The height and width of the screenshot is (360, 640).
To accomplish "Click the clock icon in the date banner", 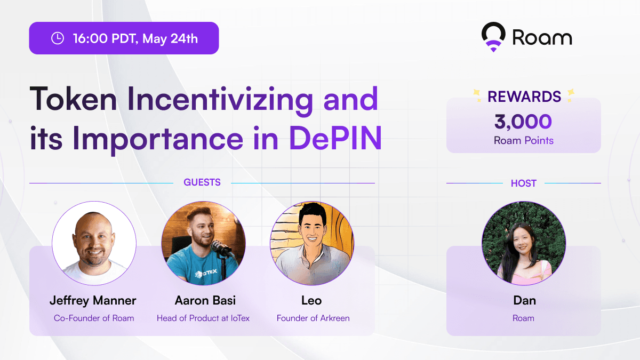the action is [58, 38].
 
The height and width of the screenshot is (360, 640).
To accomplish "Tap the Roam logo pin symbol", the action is [493, 37].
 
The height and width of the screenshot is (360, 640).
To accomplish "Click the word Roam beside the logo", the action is [542, 37].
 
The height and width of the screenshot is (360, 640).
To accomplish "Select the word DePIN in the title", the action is [335, 138].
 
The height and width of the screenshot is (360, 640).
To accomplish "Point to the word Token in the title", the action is [73, 99].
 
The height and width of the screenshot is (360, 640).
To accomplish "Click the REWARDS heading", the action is [524, 97].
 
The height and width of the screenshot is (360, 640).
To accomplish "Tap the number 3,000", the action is [523, 122].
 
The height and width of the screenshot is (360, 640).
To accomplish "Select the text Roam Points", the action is [524, 140].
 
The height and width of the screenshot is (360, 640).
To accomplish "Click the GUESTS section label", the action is [202, 182].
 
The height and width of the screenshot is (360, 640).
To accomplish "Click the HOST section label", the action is [524, 183].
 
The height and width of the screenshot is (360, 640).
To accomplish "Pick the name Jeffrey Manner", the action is [93, 301].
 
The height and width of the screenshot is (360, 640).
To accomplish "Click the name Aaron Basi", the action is [205, 301].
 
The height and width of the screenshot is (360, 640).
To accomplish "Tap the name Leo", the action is [311, 301].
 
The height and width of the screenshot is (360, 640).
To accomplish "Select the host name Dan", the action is [525, 301].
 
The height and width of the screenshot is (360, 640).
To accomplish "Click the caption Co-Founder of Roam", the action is [94, 318].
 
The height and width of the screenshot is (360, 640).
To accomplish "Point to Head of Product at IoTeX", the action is [203, 318].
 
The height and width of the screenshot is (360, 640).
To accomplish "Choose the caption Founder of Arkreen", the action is [313, 318].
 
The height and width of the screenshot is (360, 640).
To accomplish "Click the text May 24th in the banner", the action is [170, 38].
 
